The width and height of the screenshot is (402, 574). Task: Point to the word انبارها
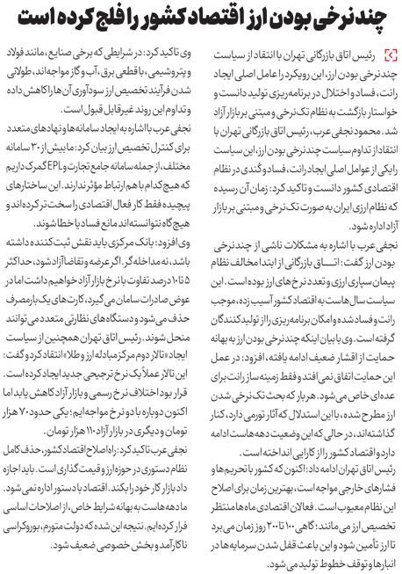(x=373, y=556)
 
